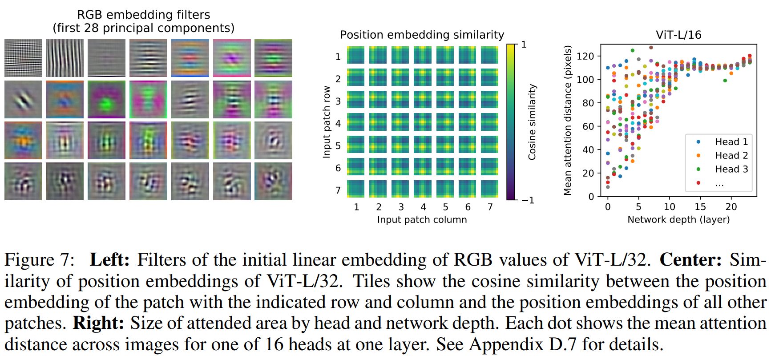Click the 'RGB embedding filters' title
point(143,15)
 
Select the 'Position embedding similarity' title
point(422,35)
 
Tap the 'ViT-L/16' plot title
point(678,35)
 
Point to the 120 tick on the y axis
point(585,56)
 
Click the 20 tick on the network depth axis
point(731,207)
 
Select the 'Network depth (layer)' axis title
point(678,219)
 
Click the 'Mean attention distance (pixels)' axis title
point(567,120)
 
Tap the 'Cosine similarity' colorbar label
point(532,122)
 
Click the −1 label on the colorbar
point(528,201)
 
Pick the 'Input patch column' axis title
point(422,219)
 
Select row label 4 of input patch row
point(338,123)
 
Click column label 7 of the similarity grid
point(490,207)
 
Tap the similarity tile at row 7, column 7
point(489,189)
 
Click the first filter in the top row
point(23,58)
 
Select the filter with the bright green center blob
point(106,99)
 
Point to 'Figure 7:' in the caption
point(40,260)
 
